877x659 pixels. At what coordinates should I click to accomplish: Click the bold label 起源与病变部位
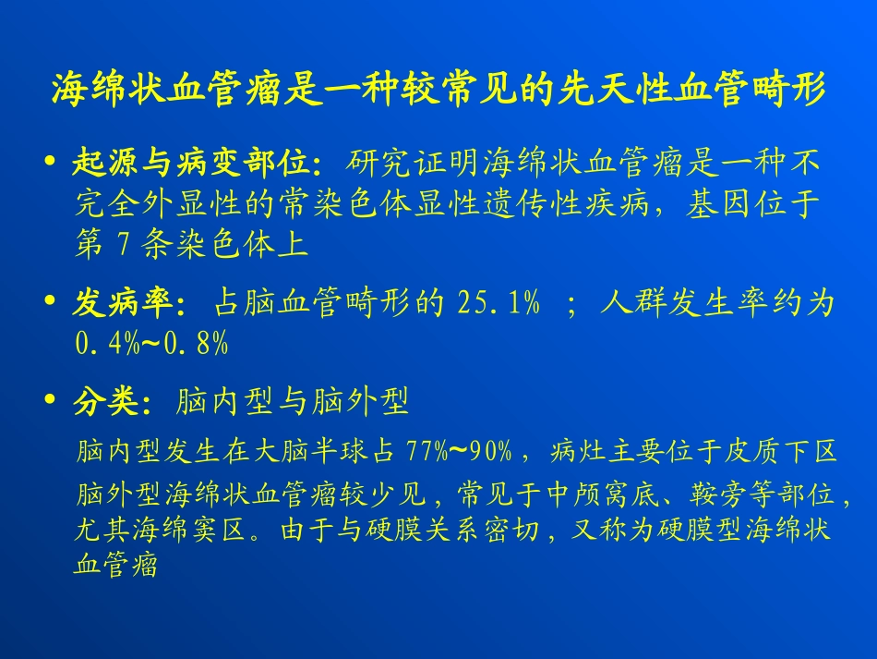click(197, 165)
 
